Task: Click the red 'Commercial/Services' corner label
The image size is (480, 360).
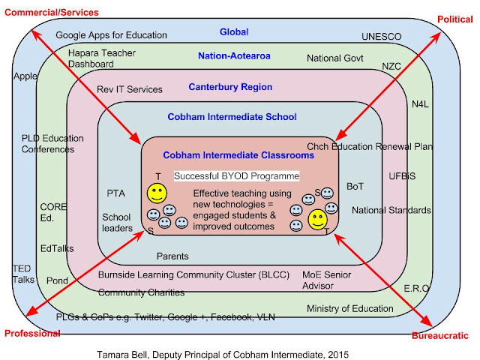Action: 52,13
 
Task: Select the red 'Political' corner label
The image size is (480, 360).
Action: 455,19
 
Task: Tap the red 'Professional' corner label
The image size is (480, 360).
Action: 32,333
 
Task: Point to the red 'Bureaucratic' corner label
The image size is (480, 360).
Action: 440,335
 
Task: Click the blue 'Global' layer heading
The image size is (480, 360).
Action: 234,31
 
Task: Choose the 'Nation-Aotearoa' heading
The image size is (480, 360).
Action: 234,55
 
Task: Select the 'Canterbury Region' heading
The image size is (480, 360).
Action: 230,87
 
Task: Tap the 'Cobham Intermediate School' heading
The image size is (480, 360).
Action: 232,117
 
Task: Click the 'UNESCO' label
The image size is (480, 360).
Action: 382,37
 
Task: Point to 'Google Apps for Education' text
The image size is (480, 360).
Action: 112,35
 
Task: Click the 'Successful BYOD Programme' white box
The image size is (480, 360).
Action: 237,176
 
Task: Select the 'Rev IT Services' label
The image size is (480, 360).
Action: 130,89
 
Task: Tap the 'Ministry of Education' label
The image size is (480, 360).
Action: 350,308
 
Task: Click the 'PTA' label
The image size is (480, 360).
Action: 115,193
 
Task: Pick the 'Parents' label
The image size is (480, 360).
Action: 172,256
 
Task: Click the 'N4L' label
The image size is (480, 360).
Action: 420,104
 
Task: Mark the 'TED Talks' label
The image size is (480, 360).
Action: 23,274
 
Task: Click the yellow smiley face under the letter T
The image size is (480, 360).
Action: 157,193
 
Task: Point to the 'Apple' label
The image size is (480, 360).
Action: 25,76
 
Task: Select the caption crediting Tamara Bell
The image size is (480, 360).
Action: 223,355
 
